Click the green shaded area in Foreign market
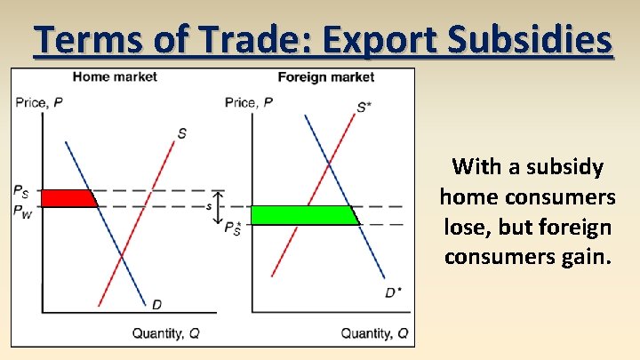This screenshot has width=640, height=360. tap(302, 215)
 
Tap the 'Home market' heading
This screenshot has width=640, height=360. tap(115, 76)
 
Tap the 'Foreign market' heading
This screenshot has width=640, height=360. tap(326, 76)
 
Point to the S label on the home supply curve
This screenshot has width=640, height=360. tap(181, 133)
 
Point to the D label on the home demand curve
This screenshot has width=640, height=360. tap(156, 305)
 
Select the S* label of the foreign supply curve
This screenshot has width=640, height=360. tap(364, 108)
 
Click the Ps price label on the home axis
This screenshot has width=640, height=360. tap(21, 190)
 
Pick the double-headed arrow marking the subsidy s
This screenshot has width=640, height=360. tap(220, 206)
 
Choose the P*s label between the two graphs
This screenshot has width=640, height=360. tap(232, 229)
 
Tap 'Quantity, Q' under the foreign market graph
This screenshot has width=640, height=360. tap(375, 333)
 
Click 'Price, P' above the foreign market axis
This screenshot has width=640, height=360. tap(249, 102)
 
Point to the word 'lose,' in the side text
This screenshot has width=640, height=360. tap(465, 228)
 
